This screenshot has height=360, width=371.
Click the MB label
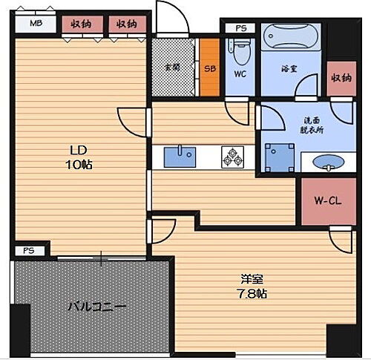point(35,24)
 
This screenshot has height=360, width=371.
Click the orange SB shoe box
point(209,67)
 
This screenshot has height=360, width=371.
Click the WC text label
point(240,74)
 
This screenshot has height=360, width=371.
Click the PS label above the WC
point(240,28)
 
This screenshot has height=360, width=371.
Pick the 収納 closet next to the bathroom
point(341,77)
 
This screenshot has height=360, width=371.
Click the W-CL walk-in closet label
point(325,200)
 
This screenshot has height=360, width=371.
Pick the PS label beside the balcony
point(28,250)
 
